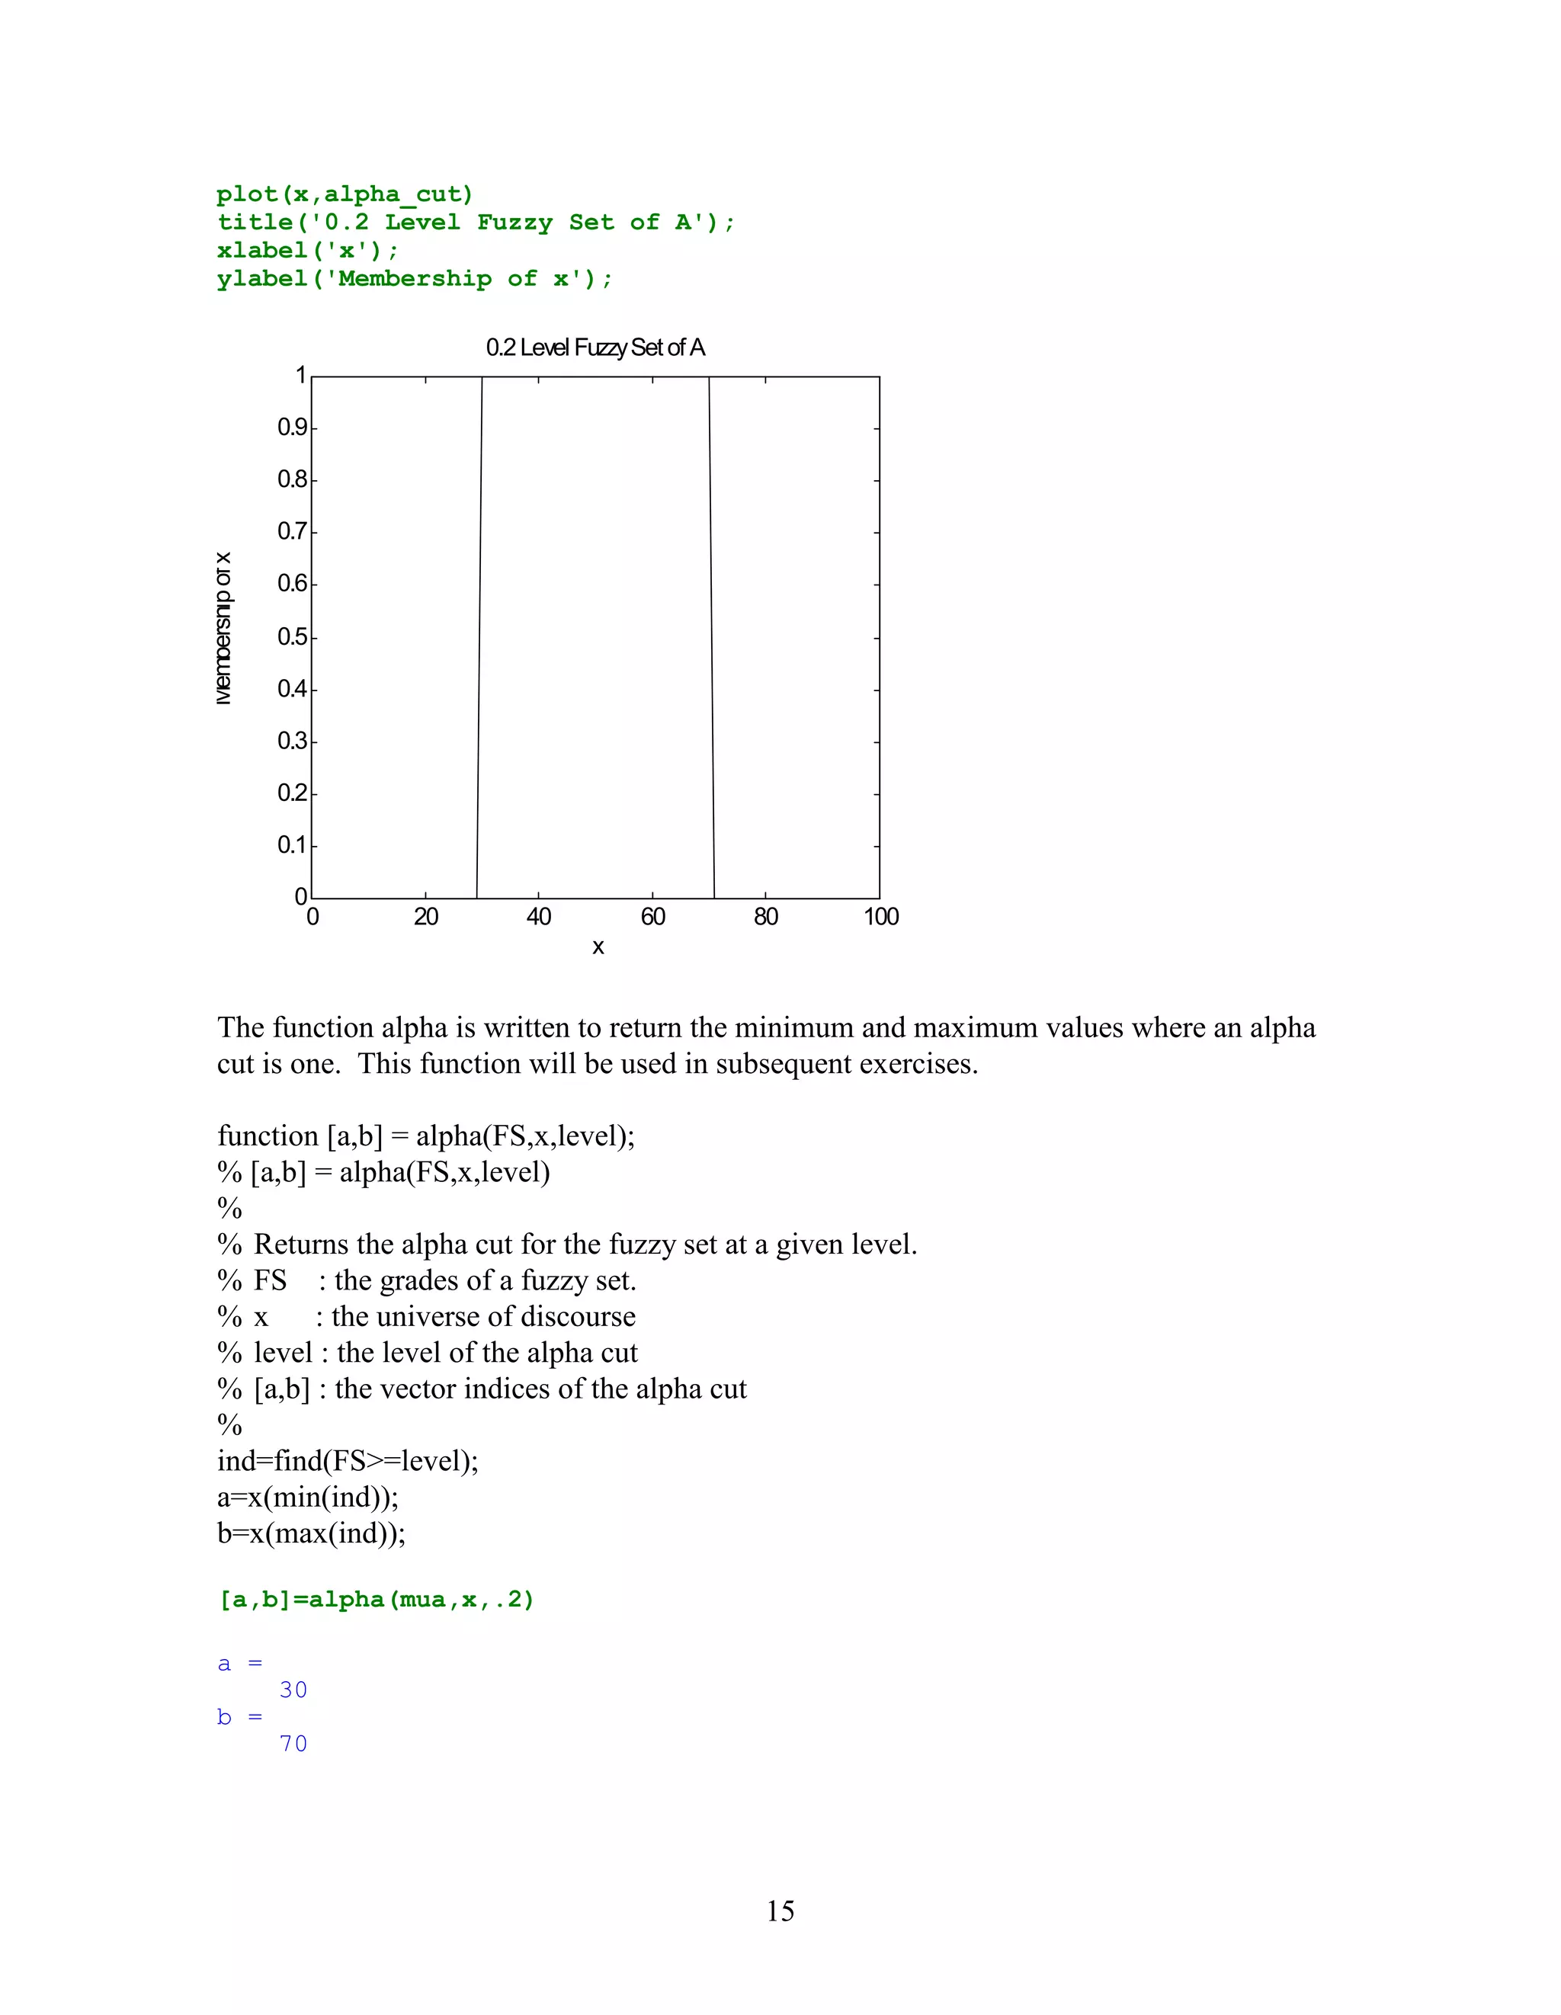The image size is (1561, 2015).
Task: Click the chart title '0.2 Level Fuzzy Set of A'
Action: tap(595, 348)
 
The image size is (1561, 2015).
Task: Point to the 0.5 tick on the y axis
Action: tap(293, 638)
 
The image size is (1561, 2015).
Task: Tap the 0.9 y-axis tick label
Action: tap(293, 428)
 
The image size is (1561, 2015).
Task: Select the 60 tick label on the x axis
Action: tap(652, 917)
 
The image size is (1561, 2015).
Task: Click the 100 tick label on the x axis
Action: tap(880, 917)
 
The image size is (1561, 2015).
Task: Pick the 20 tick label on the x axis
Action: tap(425, 917)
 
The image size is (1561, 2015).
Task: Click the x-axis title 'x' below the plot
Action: tap(598, 947)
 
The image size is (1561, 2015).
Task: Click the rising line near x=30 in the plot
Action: tap(479, 636)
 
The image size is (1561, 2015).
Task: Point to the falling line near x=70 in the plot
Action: tap(711, 636)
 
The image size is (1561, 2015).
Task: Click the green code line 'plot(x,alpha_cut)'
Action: tap(344, 194)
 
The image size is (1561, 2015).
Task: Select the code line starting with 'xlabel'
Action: tap(307, 251)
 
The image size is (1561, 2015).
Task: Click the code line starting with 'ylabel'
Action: tap(414, 279)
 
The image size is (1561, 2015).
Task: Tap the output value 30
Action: tap(293, 1690)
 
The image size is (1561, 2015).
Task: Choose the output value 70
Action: tap(293, 1744)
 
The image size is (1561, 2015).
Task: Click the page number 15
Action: tap(780, 1910)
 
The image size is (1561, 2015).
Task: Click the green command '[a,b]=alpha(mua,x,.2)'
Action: tap(376, 1599)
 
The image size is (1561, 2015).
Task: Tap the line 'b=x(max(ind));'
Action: tap(311, 1533)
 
